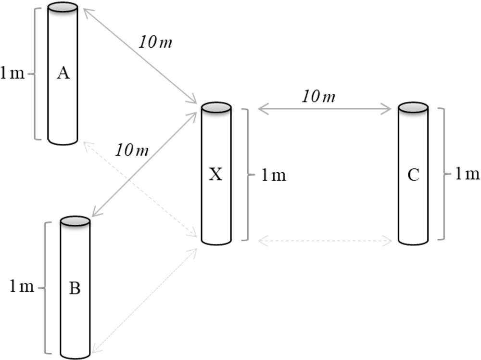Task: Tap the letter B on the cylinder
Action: click(x=75, y=289)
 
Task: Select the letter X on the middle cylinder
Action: click(x=216, y=175)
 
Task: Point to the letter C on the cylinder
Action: click(x=413, y=175)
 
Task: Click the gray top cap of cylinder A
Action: click(x=63, y=7)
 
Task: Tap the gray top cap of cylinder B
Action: click(x=75, y=221)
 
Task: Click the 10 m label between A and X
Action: click(x=155, y=42)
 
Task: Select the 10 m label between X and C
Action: click(x=318, y=97)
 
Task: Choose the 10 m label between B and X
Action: click(x=131, y=150)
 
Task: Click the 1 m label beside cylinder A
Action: click(x=12, y=74)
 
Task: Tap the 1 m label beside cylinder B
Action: click(x=22, y=287)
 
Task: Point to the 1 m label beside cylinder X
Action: click(x=274, y=176)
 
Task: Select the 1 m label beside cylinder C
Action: click(x=468, y=174)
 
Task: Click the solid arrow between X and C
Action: click(x=325, y=110)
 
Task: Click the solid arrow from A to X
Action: click(x=140, y=56)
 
